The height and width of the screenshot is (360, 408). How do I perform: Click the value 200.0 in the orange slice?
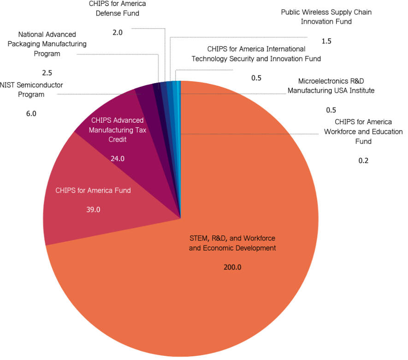coord(232,267)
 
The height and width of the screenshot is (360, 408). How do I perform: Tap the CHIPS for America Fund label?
coord(93,190)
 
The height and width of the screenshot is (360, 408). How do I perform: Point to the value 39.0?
coord(93,210)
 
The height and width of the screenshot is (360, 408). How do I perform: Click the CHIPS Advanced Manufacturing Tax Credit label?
coord(118,130)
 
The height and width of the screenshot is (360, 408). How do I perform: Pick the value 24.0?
coord(118,158)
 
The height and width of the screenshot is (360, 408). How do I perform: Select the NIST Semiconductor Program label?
coord(31,90)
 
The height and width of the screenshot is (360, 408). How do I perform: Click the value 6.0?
coord(31,113)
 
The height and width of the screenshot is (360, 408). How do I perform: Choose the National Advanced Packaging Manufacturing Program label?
coord(47,44)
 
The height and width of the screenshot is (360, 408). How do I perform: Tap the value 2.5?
coord(47,73)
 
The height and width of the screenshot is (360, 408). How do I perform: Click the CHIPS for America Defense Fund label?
coord(118,8)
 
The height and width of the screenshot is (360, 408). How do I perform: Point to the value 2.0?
coord(118,32)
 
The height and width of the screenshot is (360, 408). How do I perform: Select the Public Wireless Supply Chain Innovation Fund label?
coord(326,17)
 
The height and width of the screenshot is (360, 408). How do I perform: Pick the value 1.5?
coord(326,41)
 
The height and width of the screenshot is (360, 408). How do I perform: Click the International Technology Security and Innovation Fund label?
coord(256,54)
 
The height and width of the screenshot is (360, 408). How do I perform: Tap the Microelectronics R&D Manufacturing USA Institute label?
coord(331,86)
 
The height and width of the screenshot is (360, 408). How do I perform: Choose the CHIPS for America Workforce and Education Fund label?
coord(363,132)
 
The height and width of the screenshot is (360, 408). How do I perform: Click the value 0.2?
coord(363,161)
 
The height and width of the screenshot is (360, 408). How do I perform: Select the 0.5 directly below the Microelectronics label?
coord(331,110)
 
